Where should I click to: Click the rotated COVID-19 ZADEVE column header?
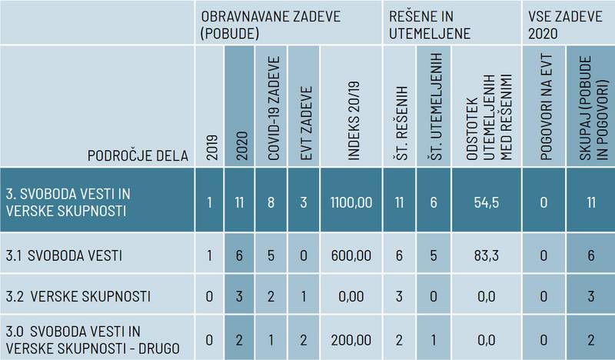274,108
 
